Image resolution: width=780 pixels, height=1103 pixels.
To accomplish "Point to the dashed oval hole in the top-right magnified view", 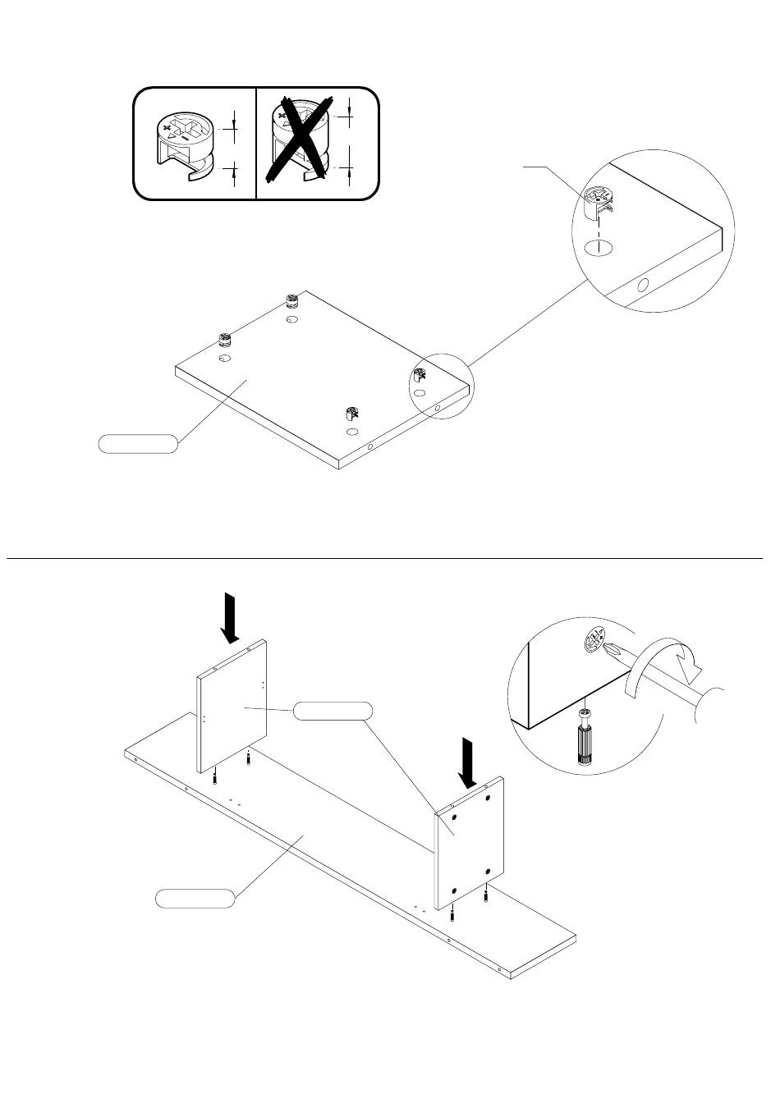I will (599, 249).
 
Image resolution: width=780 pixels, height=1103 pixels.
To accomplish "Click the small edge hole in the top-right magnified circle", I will (643, 286).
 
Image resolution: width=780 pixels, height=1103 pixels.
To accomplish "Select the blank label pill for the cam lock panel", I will (137, 444).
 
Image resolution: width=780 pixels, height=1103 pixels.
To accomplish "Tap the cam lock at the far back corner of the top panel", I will (292, 302).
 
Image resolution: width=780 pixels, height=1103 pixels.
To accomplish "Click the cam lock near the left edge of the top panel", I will (224, 341).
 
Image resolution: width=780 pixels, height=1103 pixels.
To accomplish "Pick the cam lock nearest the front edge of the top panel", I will (352, 414).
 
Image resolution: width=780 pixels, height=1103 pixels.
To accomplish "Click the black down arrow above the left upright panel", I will (231, 620).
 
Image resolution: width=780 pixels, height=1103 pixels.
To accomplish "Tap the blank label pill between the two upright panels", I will (332, 711).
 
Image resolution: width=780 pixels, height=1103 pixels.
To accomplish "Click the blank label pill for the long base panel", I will (195, 897).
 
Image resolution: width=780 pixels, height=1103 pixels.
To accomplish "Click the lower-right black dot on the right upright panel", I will (488, 872).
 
